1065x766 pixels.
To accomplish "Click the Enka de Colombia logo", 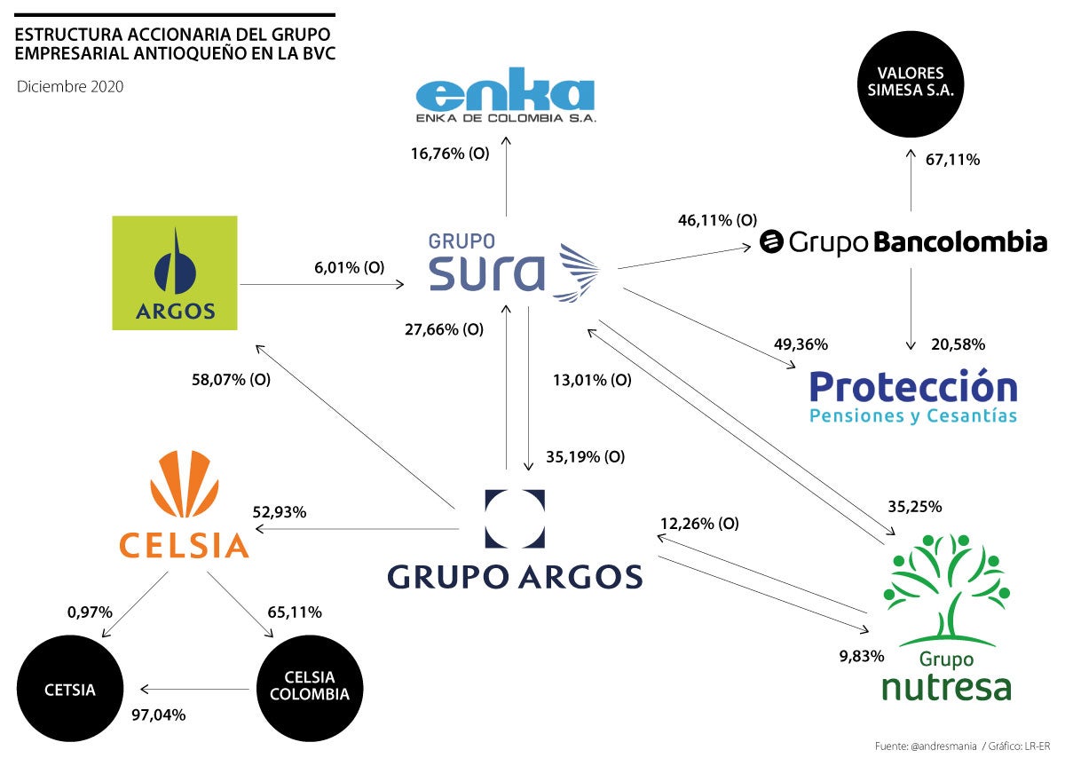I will [x=506, y=100].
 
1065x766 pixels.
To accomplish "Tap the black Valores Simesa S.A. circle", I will [x=910, y=82].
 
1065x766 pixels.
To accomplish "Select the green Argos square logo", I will [x=175, y=272].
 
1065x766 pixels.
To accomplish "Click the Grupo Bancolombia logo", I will [x=903, y=241].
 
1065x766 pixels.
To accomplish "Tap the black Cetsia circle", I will [x=70, y=691].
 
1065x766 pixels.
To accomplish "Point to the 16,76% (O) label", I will [x=449, y=154].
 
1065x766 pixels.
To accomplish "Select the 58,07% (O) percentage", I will [x=231, y=379].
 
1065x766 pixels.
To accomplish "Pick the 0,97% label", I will [x=90, y=612].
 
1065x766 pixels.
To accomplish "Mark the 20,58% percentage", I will [x=957, y=344].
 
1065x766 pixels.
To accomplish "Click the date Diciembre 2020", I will [x=70, y=87].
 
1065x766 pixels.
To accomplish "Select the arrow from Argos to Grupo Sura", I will [x=321, y=285].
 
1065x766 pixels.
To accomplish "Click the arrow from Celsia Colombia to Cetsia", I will [x=195, y=689].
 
